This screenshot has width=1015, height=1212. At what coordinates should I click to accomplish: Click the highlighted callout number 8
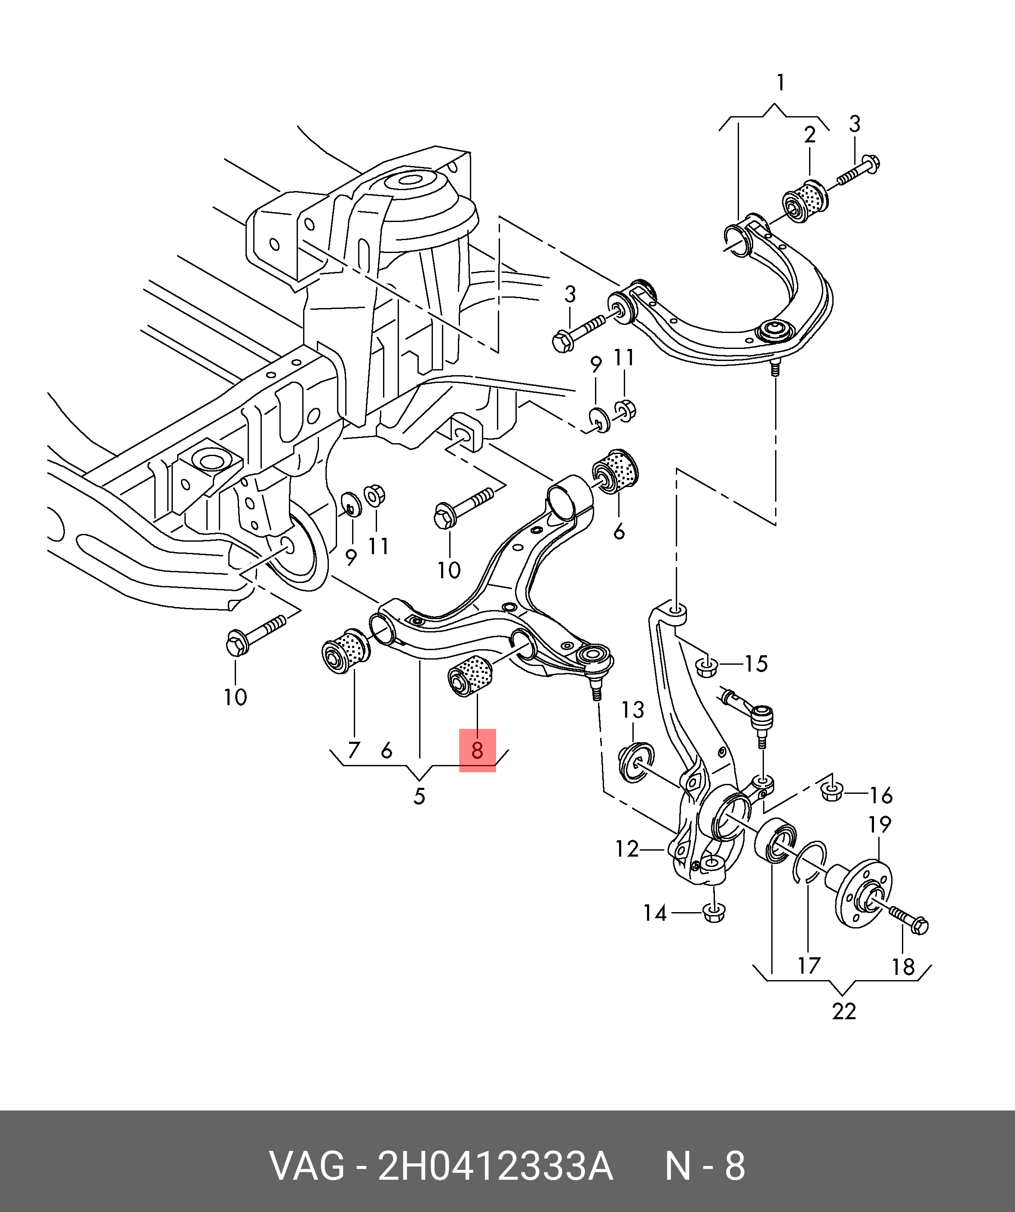[x=477, y=750]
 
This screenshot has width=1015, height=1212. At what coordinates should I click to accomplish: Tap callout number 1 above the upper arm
[x=780, y=83]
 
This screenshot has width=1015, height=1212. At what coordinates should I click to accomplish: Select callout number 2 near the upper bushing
[x=810, y=135]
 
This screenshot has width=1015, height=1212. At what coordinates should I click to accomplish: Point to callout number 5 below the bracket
[x=419, y=796]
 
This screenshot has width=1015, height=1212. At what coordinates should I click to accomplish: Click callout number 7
[x=353, y=750]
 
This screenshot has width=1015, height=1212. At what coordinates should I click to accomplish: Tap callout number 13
[x=633, y=710]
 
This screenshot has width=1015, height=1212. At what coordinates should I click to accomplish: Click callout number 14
[x=655, y=913]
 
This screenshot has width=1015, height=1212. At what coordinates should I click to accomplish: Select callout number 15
[x=755, y=664]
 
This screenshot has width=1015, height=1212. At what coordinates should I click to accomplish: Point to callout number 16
[x=880, y=796]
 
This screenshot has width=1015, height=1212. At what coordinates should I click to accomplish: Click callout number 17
[x=809, y=965]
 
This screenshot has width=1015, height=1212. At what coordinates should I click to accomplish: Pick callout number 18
[x=903, y=967]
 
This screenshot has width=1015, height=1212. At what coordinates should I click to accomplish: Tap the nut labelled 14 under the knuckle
[x=714, y=913]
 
